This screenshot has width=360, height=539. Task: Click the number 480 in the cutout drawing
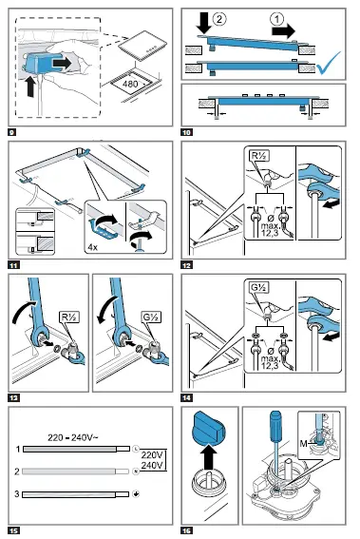[x=130, y=84]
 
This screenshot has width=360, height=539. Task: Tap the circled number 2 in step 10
[x=219, y=19]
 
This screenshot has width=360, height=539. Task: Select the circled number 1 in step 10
[x=276, y=19]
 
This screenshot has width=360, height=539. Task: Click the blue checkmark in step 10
[x=329, y=64]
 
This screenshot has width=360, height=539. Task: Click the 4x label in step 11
[x=93, y=247]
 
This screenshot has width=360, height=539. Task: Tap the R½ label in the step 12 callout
[x=259, y=156]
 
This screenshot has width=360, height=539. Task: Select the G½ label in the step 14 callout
[x=259, y=287]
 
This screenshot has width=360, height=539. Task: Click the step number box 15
[x=13, y=530]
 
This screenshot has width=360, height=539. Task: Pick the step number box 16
[x=186, y=530]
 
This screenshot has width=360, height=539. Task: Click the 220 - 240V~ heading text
[x=73, y=437]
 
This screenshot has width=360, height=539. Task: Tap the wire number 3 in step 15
[x=17, y=494]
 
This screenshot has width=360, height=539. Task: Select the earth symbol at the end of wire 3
[x=136, y=494]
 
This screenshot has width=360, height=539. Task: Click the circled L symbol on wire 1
[x=136, y=449]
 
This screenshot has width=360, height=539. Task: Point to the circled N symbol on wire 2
[x=136, y=472]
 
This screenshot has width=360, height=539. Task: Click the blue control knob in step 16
[x=208, y=427]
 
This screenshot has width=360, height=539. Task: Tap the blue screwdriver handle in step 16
[x=275, y=427]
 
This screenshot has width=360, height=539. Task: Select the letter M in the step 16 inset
[x=303, y=444]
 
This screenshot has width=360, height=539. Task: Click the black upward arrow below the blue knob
[x=208, y=456]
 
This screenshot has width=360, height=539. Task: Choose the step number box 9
[x=12, y=132]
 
